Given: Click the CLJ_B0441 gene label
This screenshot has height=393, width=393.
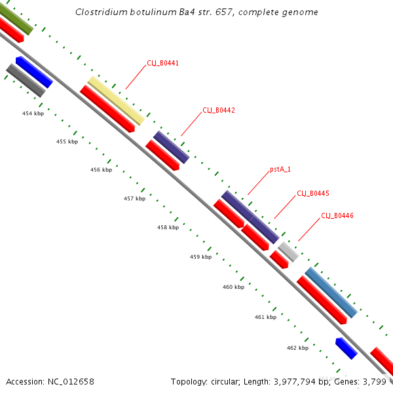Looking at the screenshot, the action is pos(162,64).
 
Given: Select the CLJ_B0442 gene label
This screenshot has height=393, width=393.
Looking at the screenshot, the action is pos(218,110).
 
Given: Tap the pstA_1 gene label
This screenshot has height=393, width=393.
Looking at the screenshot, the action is pos(280,169).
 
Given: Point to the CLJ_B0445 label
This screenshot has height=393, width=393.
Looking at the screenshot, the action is pos(312,193).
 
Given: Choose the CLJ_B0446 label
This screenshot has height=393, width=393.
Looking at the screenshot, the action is pos(337,215).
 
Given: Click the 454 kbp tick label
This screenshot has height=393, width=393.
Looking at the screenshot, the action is pos(33,113).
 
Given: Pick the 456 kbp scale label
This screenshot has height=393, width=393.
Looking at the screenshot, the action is pos(101,170).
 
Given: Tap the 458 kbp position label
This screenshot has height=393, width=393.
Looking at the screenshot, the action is pos(168,228).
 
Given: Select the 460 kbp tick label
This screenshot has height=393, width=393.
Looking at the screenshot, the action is pos(233,287).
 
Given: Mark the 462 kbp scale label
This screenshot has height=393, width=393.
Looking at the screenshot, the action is pos(297,348).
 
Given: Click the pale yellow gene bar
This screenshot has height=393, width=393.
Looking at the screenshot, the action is pos(116,100).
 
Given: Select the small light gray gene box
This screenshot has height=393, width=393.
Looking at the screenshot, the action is pos(288,252).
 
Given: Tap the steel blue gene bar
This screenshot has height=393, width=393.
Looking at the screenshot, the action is pos(331,292).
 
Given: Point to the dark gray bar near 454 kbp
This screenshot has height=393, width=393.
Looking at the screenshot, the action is pos(26,81).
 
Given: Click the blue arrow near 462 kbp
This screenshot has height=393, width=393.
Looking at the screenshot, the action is pos(346,348).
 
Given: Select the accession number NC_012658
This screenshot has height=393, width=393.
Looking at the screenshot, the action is pos(71,381).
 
